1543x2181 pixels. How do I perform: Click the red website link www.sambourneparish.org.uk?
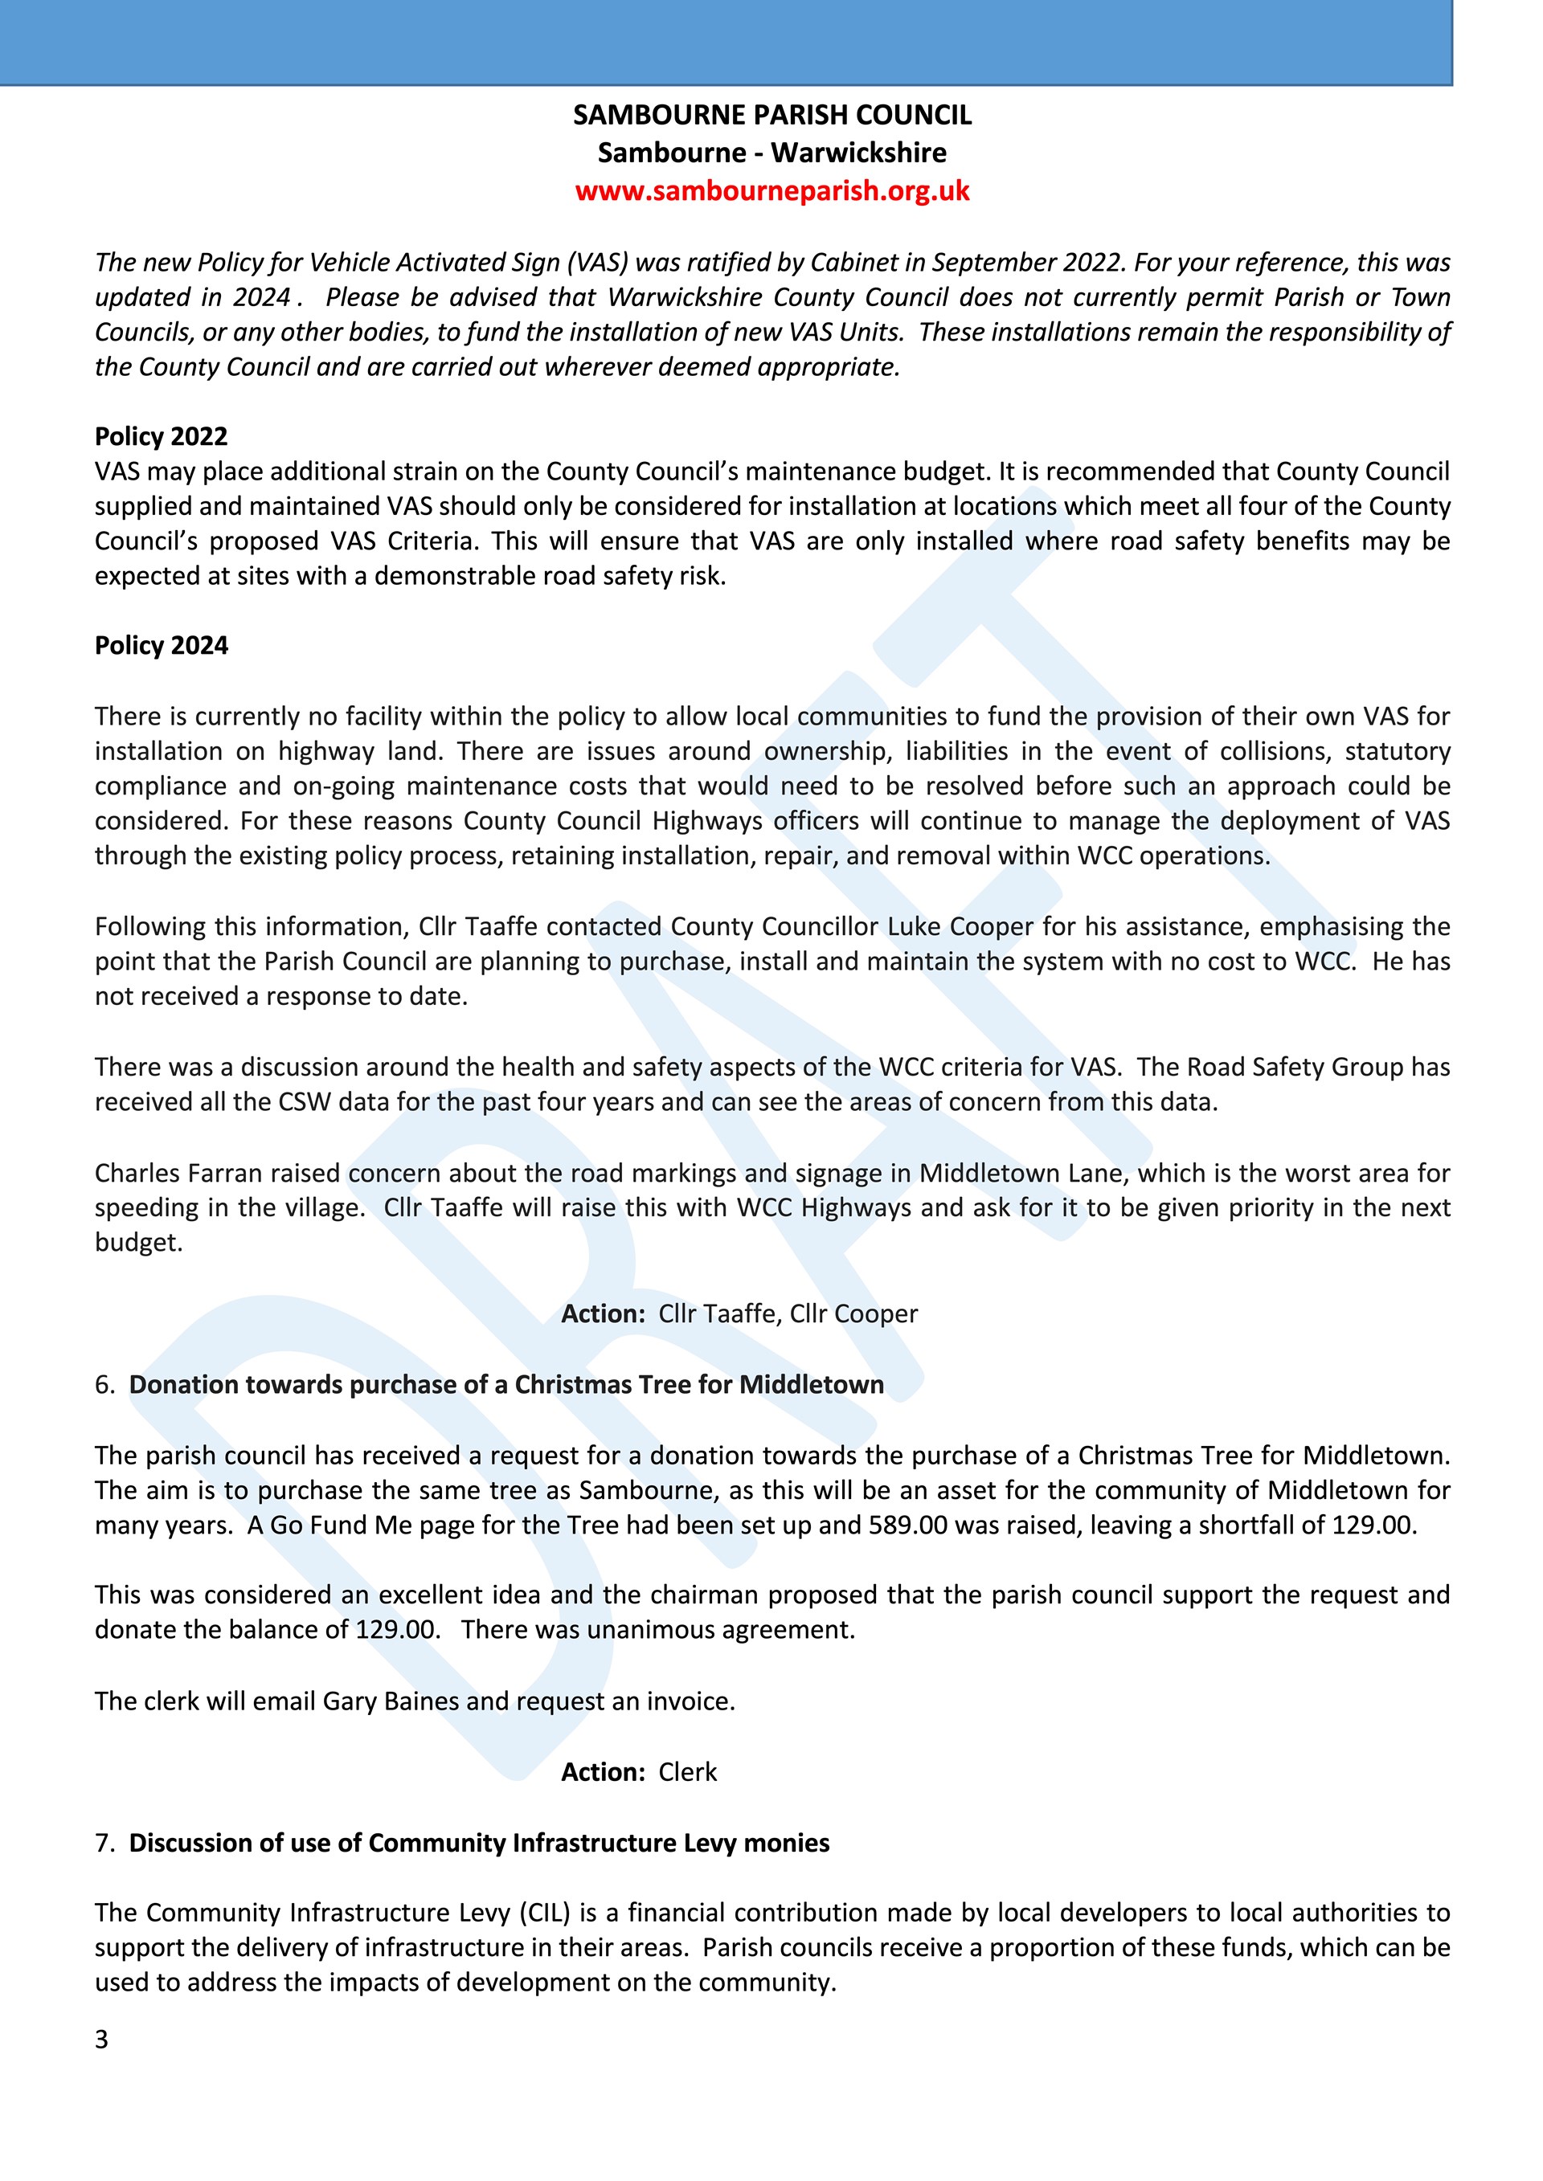pyautogui.click(x=771, y=191)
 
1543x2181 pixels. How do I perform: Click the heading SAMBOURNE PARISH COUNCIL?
pyautogui.click(x=771, y=115)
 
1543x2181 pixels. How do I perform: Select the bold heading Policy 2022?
pyautogui.click(x=161, y=436)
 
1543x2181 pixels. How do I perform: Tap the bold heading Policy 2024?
pyautogui.click(x=161, y=645)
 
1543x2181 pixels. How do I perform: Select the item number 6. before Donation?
pyautogui.click(x=104, y=1384)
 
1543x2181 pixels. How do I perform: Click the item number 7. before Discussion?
pyautogui.click(x=104, y=1843)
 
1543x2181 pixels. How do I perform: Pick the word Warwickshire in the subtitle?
pyautogui.click(x=858, y=153)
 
